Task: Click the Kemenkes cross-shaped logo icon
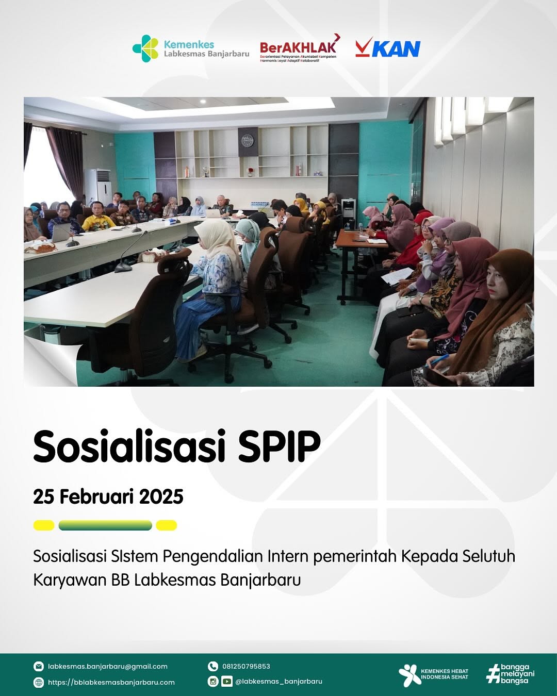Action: [x=145, y=48]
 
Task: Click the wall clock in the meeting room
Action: [x=248, y=140]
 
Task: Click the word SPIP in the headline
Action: [x=280, y=446]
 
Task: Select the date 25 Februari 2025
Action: [x=108, y=496]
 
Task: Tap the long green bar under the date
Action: [x=105, y=525]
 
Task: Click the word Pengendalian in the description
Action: [x=212, y=556]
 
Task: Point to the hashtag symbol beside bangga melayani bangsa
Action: [x=493, y=674]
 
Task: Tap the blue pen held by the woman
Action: [x=437, y=360]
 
